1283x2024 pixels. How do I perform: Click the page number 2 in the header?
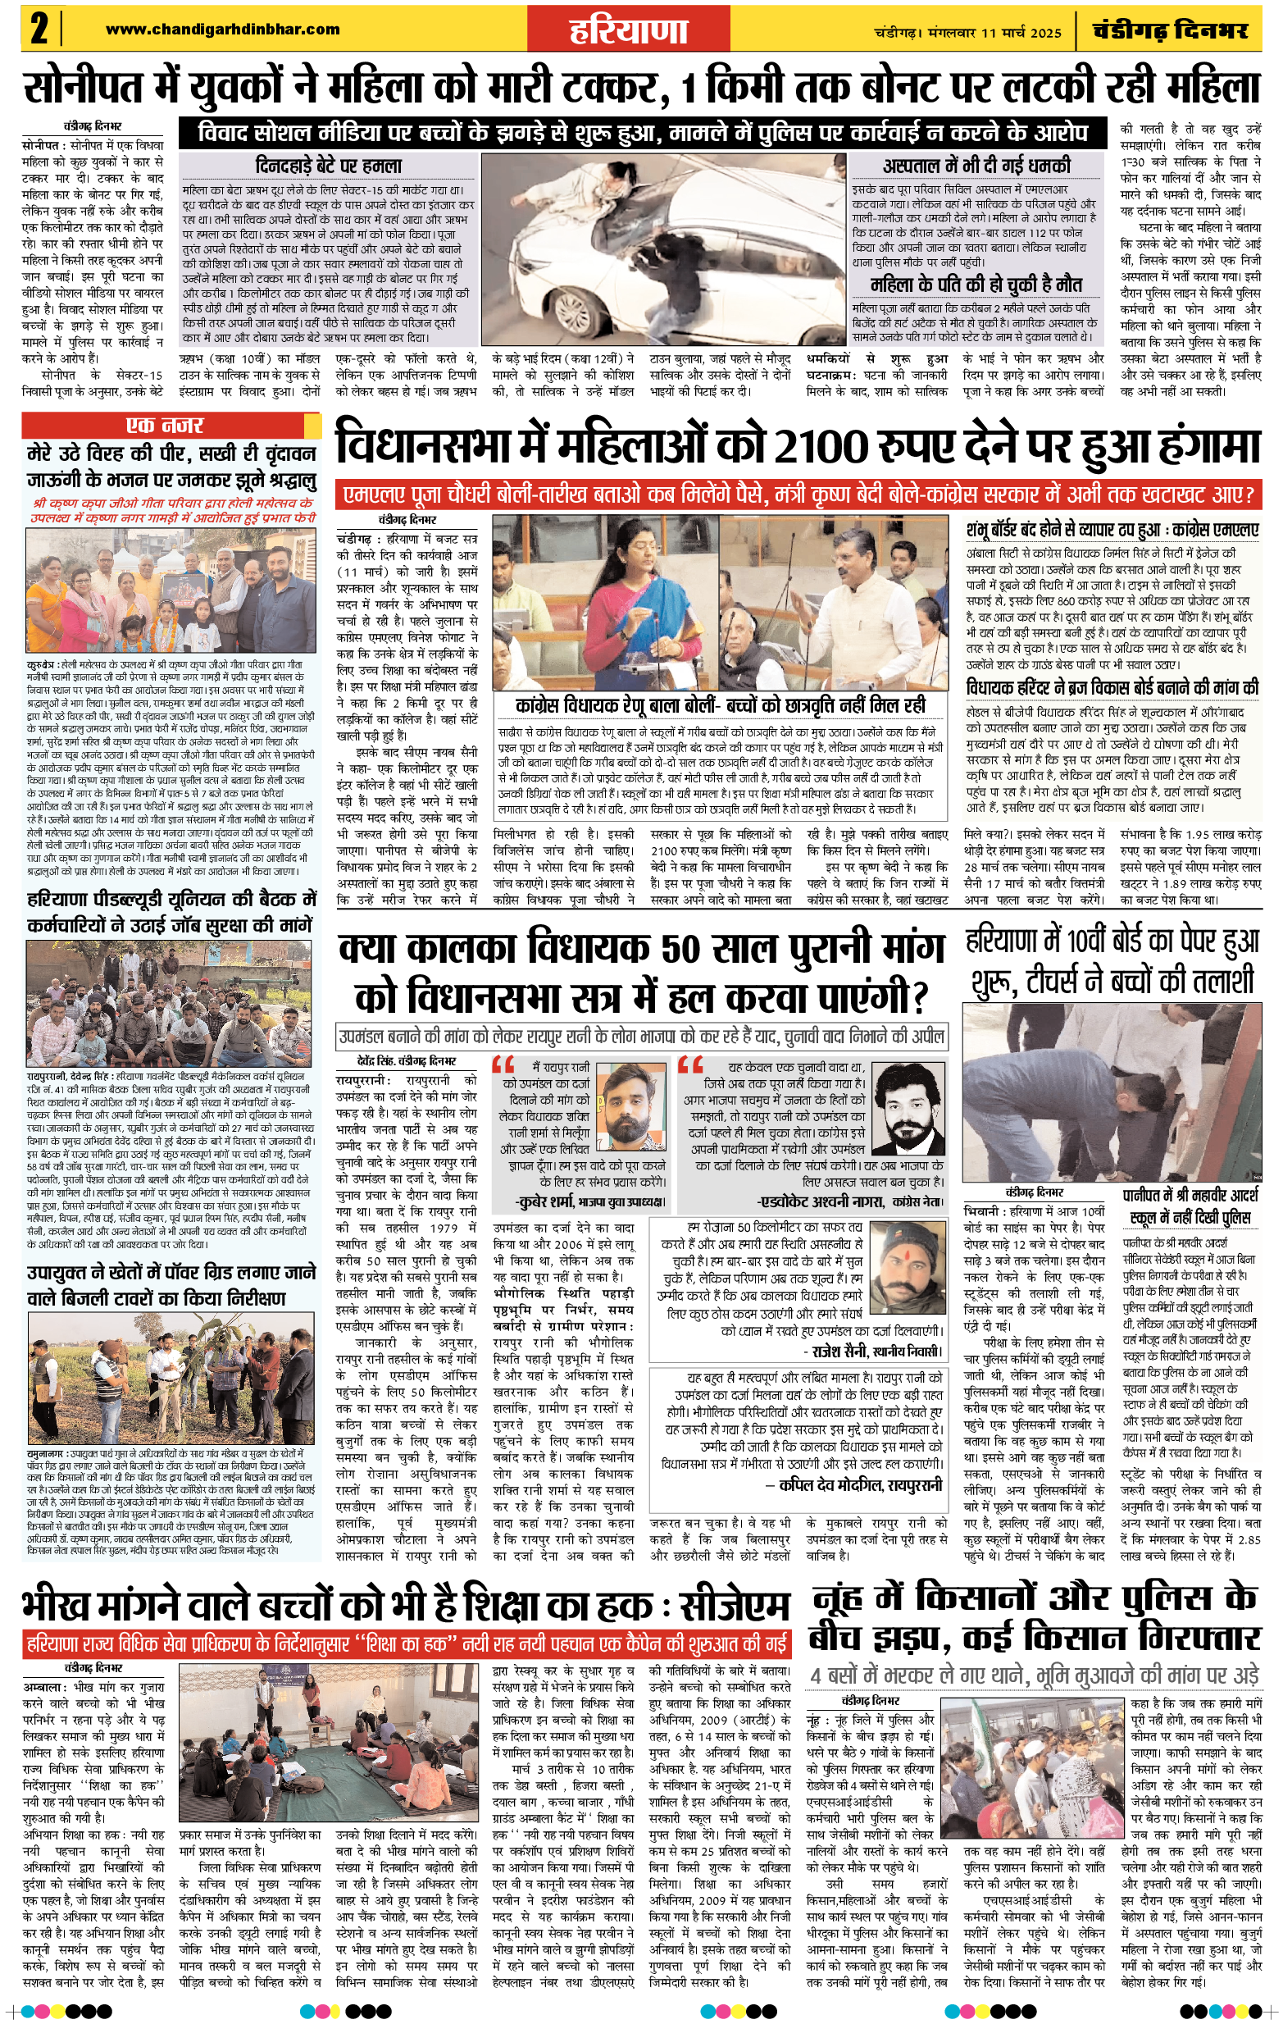[39, 30]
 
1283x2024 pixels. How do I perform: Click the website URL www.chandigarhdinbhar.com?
[223, 30]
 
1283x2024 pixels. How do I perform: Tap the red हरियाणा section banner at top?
[630, 30]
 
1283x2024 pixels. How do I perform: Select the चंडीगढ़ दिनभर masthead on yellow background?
[1170, 31]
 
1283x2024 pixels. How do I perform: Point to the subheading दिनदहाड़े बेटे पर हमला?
[329, 166]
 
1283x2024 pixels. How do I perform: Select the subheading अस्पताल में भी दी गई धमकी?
[976, 165]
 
